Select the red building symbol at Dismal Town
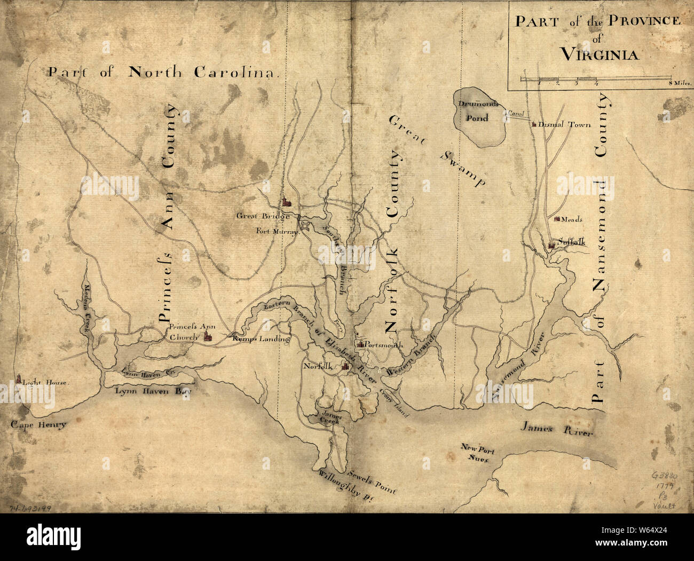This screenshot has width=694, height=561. [x=533, y=124]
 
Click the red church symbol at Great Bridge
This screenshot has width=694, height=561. [x=287, y=202]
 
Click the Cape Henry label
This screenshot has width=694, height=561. [x=37, y=425]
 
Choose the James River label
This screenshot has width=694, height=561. [x=557, y=429]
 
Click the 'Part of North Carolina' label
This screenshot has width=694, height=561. [x=163, y=73]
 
